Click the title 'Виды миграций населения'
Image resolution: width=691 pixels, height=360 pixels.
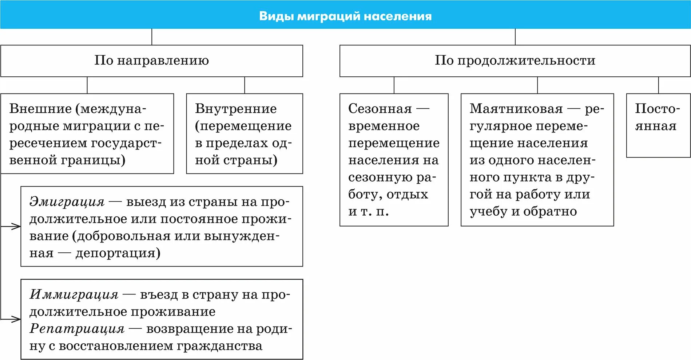pyautogui.click(x=345, y=16)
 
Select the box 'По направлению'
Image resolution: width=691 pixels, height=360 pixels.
pyautogui.click(x=151, y=60)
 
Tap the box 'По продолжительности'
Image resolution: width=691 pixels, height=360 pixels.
pyautogui.click(x=515, y=60)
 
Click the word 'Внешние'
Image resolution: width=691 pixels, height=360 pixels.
pyautogui.click(x=40, y=109)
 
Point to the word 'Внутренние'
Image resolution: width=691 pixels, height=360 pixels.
pyautogui.click(x=236, y=109)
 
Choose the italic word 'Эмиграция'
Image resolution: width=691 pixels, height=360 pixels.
pyautogui.click(x=67, y=202)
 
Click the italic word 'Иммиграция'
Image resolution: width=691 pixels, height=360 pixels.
pyautogui.click(x=74, y=295)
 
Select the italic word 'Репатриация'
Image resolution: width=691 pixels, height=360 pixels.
pyautogui.click(x=77, y=329)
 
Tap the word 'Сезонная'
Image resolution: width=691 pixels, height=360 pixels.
pyautogui.click(x=380, y=109)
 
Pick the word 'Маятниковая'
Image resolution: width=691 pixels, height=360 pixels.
pyautogui.click(x=516, y=109)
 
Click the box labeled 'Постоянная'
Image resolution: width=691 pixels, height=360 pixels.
pyautogui.click(x=658, y=125)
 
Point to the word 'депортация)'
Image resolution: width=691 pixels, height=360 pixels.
pyautogui.click(x=118, y=253)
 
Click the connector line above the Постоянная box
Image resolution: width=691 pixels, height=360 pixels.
pyautogui.click(x=658, y=85)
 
